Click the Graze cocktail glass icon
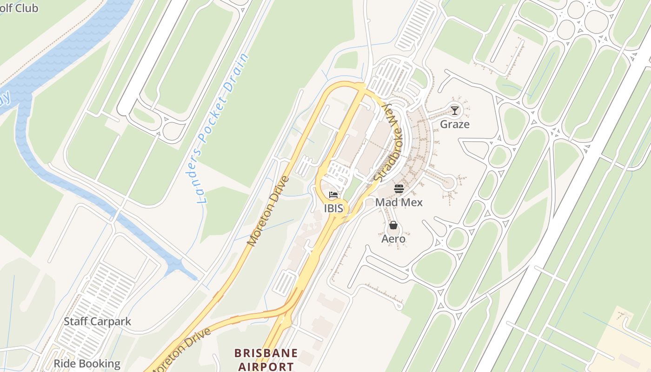pyautogui.click(x=455, y=110)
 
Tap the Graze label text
pyautogui.click(x=455, y=124)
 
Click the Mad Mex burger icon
pyautogui.click(x=399, y=188)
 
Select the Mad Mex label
pyautogui.click(x=399, y=202)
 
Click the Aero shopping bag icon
pyautogui.click(x=393, y=226)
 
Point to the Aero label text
pyautogui.click(x=393, y=239)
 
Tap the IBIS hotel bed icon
pyautogui.click(x=333, y=195)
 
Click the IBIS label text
pyautogui.click(x=334, y=208)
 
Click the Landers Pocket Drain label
pyautogui.click(x=223, y=129)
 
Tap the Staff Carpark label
pyautogui.click(x=97, y=321)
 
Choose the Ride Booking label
pyautogui.click(x=87, y=363)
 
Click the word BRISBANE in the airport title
pyautogui.click(x=266, y=353)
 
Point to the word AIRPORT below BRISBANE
pyautogui.click(x=266, y=366)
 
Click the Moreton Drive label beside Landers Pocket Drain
pyautogui.click(x=268, y=211)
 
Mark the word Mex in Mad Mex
pyautogui.click(x=412, y=202)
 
